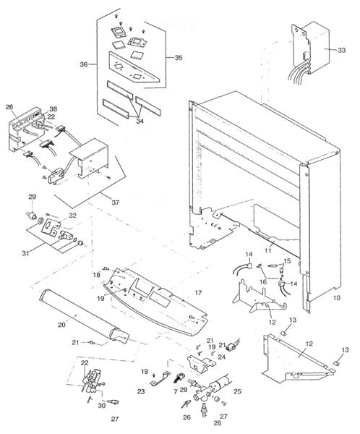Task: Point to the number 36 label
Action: point(85,64)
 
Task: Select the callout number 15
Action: point(286,260)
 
